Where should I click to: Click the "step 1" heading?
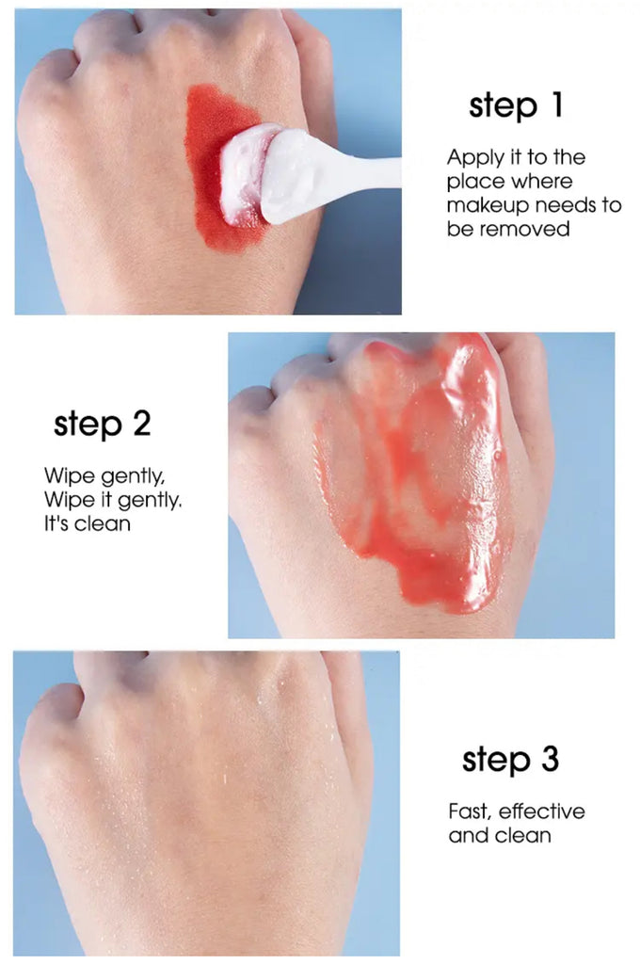tap(515, 106)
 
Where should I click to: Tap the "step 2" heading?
tap(102, 425)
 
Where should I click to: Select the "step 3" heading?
tap(510, 760)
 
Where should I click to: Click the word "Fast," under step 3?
tap(469, 811)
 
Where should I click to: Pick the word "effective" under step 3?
tap(541, 811)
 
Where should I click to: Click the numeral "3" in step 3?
tap(550, 759)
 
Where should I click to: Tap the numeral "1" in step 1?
tap(556, 104)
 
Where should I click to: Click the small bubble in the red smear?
tap(497, 456)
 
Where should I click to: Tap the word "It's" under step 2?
tap(56, 523)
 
